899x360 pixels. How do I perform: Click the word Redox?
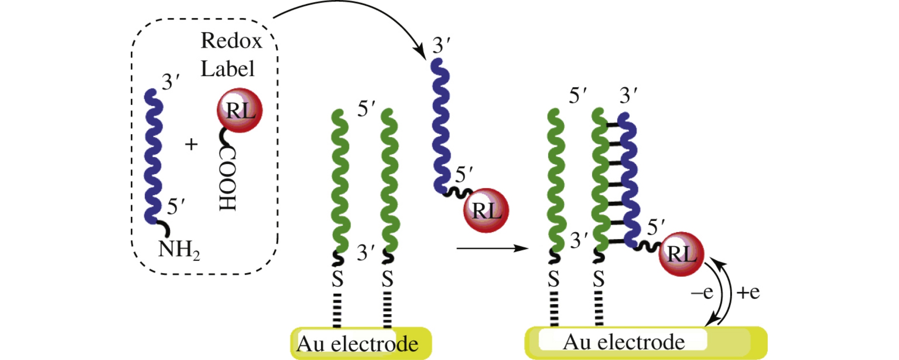(231, 41)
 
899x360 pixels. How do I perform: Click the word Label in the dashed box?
(227, 69)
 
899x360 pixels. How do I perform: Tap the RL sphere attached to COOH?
(240, 110)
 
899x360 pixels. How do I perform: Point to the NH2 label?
(178, 249)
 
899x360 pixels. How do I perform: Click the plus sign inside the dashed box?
(191, 144)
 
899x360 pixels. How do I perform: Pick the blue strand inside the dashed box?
(153, 156)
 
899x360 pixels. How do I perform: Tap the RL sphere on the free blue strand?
(486, 210)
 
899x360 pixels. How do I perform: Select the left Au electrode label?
(357, 344)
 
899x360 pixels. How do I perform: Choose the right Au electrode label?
(624, 342)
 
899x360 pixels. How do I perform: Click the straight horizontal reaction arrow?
(492, 248)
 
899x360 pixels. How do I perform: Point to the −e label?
(702, 292)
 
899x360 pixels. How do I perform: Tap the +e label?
(747, 292)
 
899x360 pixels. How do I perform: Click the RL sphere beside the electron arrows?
(681, 254)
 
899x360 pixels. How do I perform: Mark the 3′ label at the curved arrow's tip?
(441, 45)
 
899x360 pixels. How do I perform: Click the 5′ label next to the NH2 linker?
(175, 206)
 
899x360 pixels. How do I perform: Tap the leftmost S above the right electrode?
(553, 279)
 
